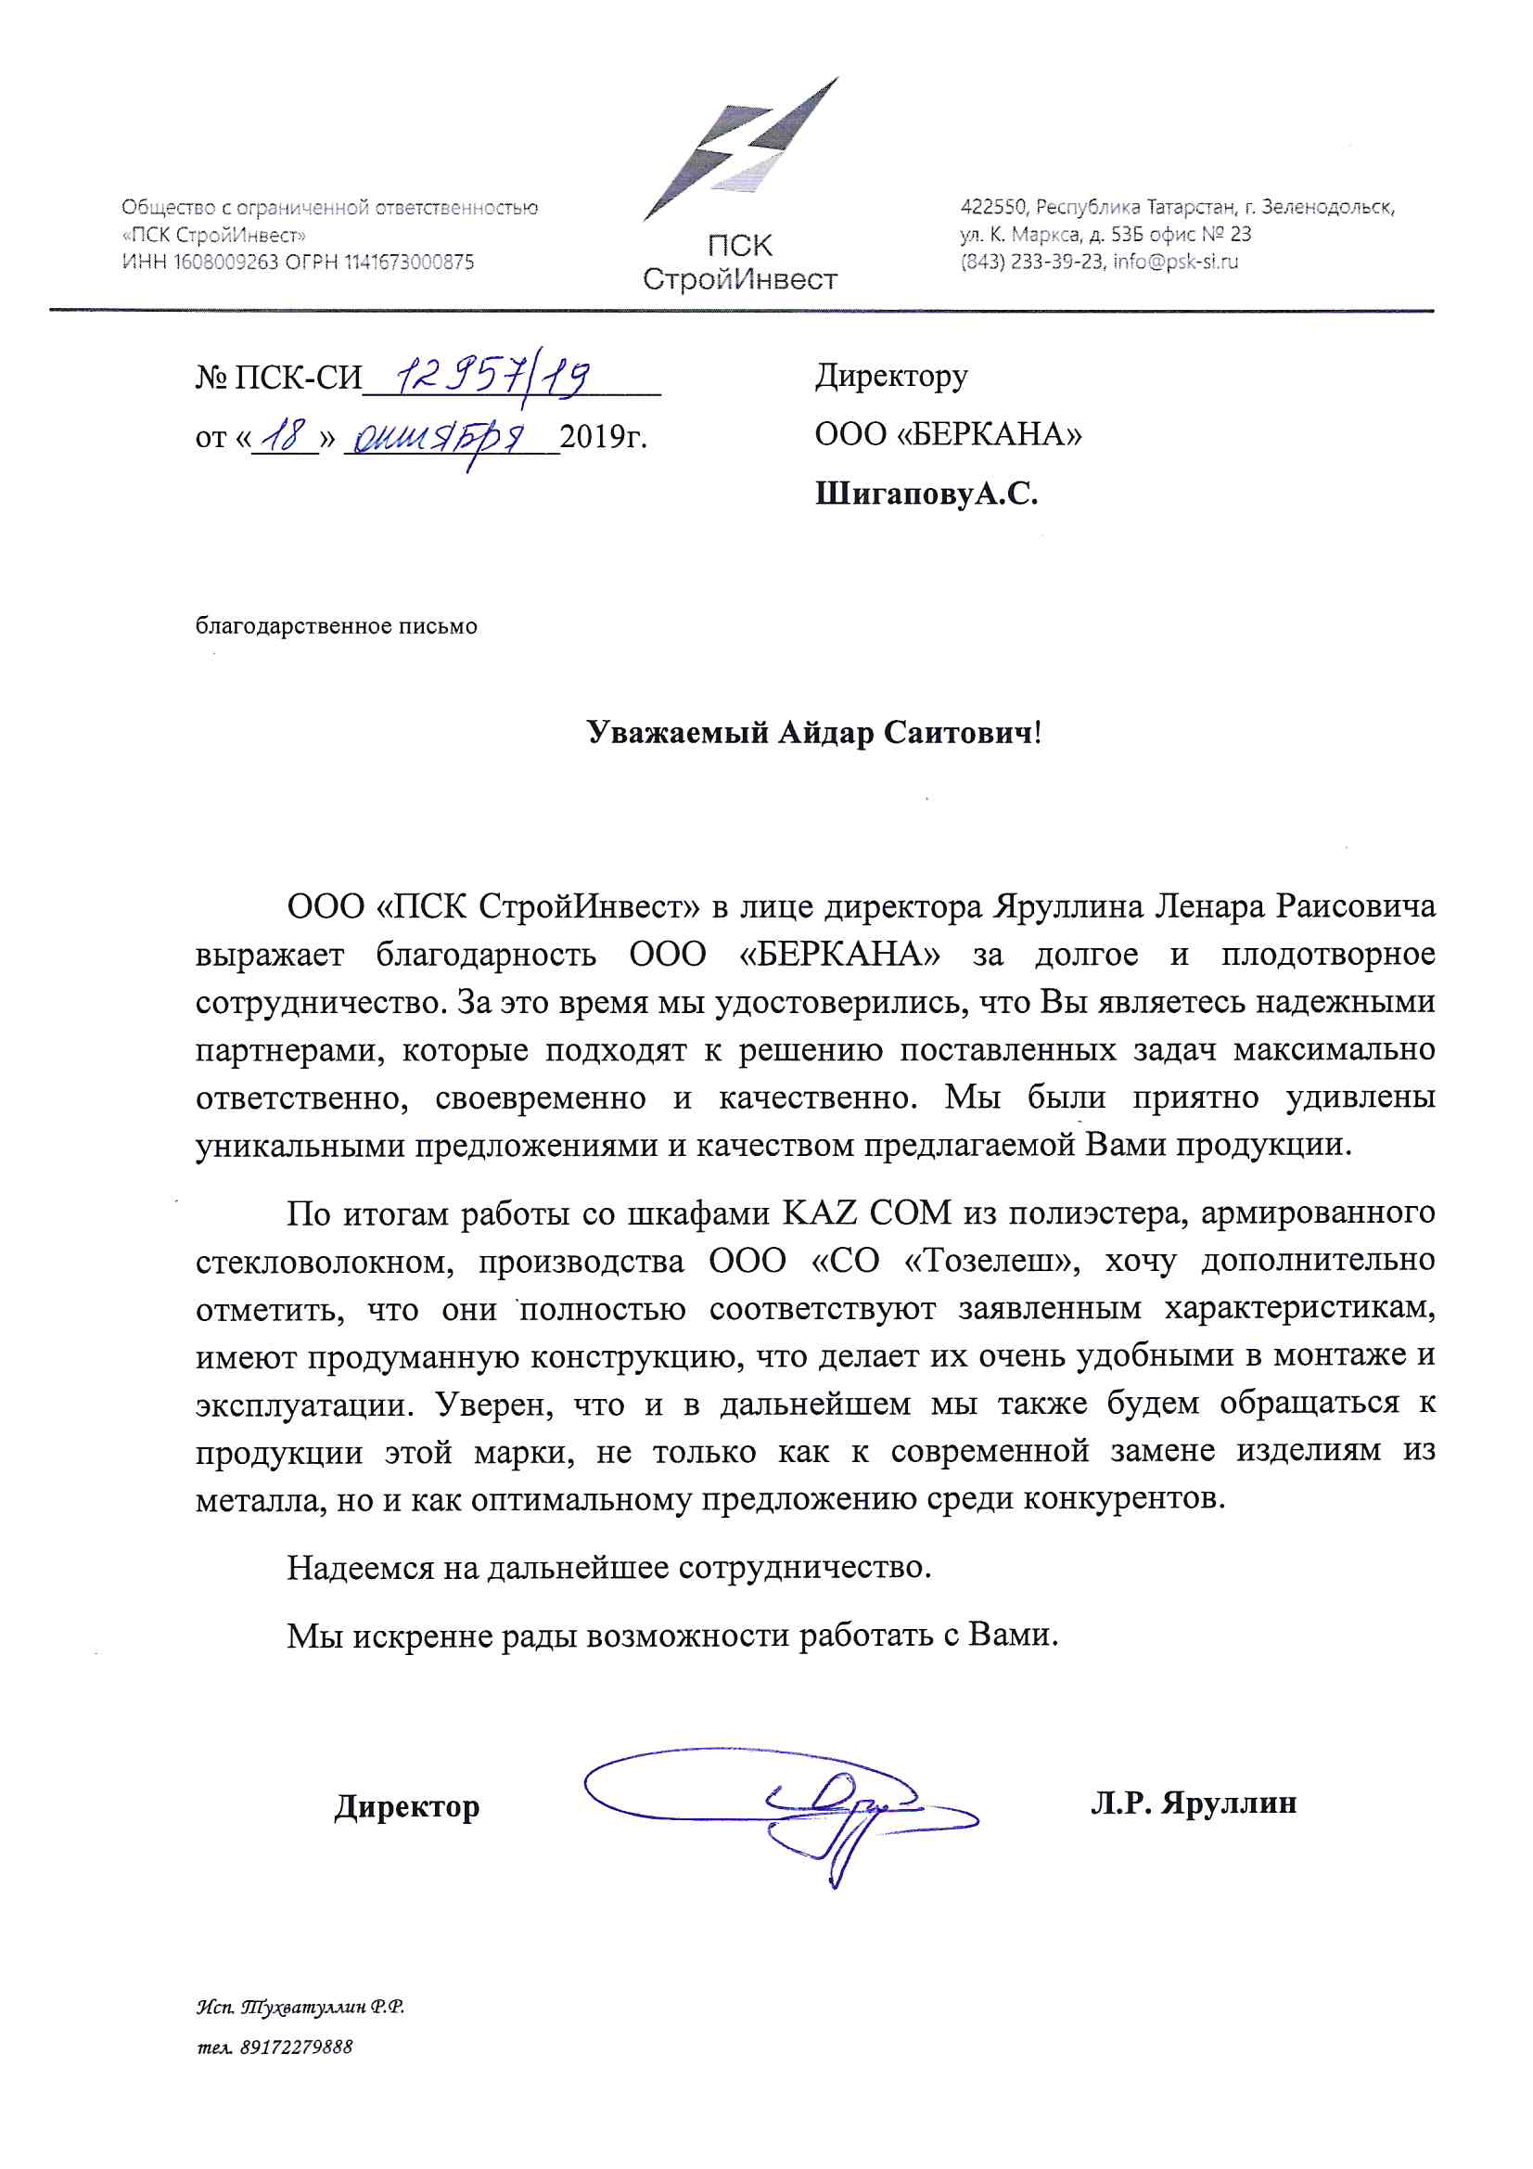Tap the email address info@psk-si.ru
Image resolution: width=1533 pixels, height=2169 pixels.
pyautogui.click(x=1175, y=262)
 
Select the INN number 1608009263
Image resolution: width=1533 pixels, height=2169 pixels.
pyautogui.click(x=224, y=263)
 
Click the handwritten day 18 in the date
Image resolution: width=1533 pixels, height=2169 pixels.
pyautogui.click(x=285, y=436)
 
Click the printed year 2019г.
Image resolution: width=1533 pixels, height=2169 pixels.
pyautogui.click(x=604, y=436)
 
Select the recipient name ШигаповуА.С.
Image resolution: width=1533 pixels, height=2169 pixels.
pyautogui.click(x=926, y=494)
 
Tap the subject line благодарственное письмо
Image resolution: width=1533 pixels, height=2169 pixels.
pyautogui.click(x=337, y=626)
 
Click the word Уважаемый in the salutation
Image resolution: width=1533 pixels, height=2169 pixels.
pyautogui.click(x=676, y=733)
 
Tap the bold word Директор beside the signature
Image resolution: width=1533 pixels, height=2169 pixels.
pyautogui.click(x=407, y=1806)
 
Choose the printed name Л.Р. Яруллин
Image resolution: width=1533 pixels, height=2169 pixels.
pyautogui.click(x=1193, y=1803)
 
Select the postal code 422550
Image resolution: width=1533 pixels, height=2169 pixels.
pyautogui.click(x=992, y=207)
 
